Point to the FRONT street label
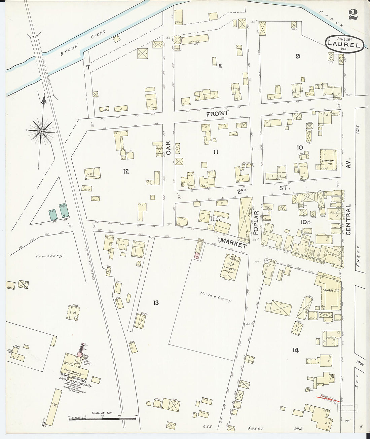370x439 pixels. tap(217, 113)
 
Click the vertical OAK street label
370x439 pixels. tap(169, 148)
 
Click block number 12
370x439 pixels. tap(126, 172)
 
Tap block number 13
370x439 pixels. tap(155, 303)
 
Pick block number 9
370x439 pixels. tap(298, 56)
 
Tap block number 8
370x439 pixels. tap(220, 66)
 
